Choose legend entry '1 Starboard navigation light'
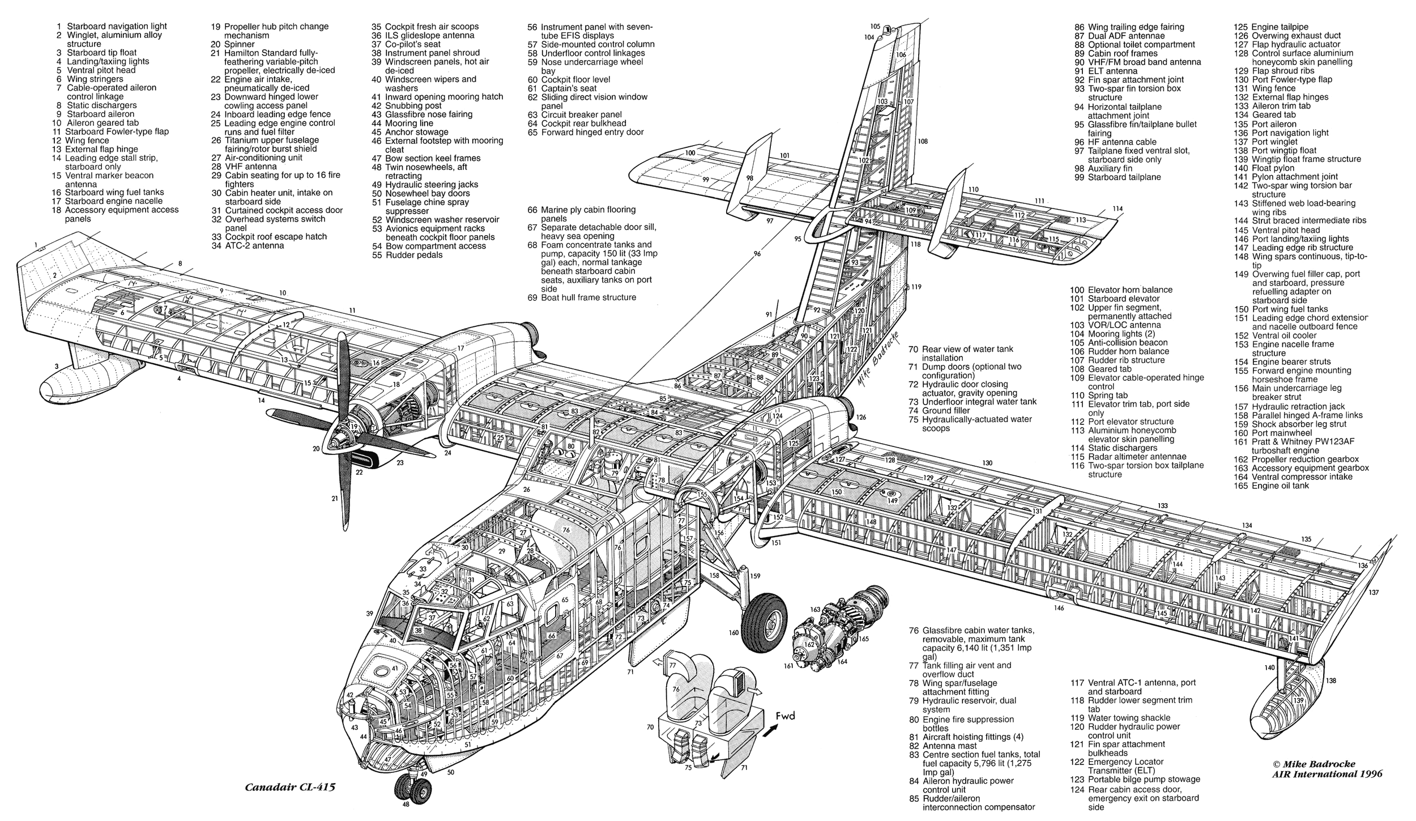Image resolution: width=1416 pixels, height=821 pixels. pyautogui.click(x=111, y=26)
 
